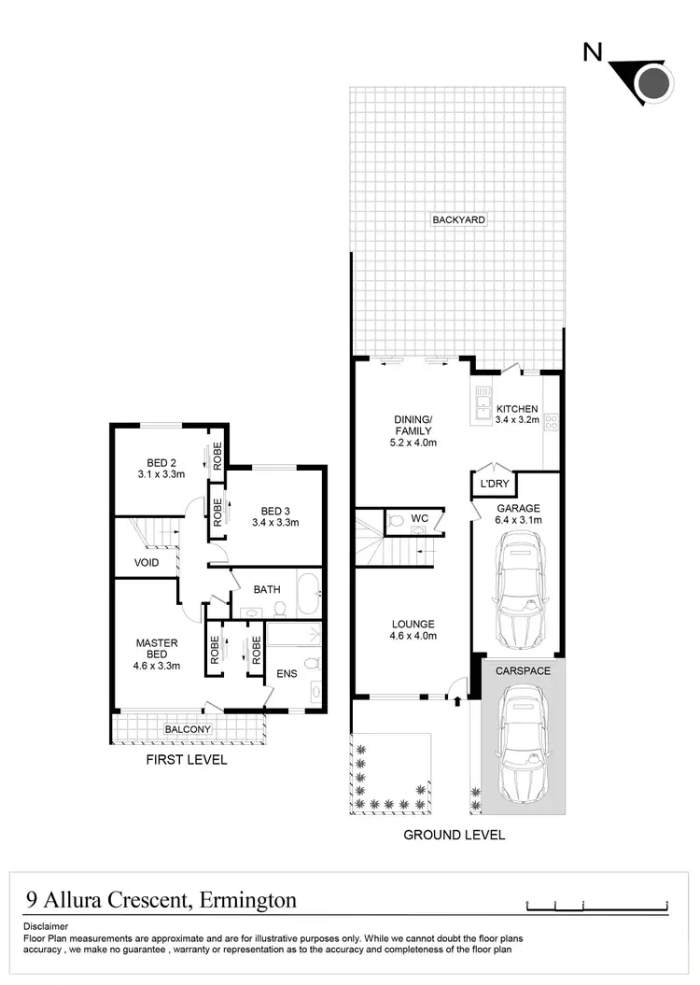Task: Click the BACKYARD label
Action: [459, 220]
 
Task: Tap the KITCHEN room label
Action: [516, 410]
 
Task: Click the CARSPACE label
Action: [523, 670]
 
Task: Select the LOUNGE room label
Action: [413, 624]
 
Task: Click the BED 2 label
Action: [161, 463]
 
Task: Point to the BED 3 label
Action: [274, 511]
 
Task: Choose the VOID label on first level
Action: [147, 563]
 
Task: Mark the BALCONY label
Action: [188, 729]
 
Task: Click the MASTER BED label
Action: [157, 648]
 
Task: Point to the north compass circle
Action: [654, 82]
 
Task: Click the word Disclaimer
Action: [47, 926]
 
